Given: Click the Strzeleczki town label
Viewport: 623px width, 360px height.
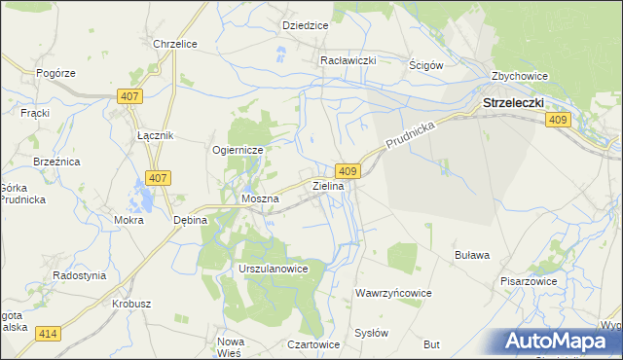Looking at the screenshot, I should [x=513, y=101].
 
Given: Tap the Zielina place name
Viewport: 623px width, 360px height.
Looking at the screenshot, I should [x=328, y=185].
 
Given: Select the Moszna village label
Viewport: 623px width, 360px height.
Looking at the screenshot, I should [x=260, y=198].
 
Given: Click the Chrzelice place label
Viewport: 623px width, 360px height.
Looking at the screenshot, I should [x=176, y=44].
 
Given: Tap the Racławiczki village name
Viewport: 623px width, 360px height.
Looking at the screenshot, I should [x=348, y=59].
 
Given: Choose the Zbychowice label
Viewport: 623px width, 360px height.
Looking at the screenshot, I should [x=521, y=76].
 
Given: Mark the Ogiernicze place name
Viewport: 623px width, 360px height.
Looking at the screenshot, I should [x=238, y=151].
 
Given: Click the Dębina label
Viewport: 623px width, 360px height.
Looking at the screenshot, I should [x=191, y=220].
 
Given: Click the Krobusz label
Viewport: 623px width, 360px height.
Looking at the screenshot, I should [x=130, y=304].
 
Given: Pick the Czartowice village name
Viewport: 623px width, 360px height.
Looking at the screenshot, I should [x=313, y=344].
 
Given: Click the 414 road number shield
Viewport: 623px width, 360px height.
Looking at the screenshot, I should [x=48, y=334].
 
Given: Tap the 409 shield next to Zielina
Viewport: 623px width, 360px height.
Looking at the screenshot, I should [x=351, y=171].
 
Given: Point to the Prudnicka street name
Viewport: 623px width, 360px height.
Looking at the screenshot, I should [x=412, y=135].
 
